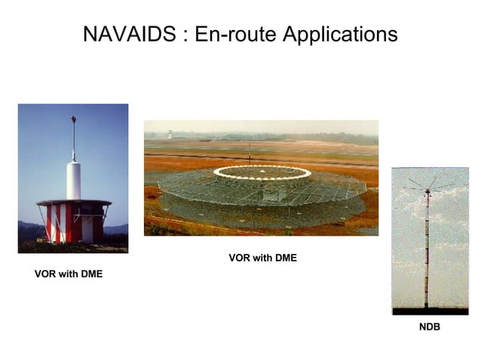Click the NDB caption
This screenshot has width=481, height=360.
[x=430, y=328]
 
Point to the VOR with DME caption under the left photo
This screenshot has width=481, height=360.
[x=69, y=274]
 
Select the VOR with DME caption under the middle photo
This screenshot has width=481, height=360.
[x=262, y=258]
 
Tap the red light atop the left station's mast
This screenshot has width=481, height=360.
[x=73, y=118]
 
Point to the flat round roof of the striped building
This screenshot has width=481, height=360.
[x=73, y=203]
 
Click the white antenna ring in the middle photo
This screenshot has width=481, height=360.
[x=262, y=172]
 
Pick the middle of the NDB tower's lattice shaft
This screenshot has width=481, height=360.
[x=427, y=249]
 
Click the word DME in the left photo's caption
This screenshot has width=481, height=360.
[x=90, y=274]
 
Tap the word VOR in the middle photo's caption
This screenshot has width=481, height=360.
[x=239, y=258]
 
